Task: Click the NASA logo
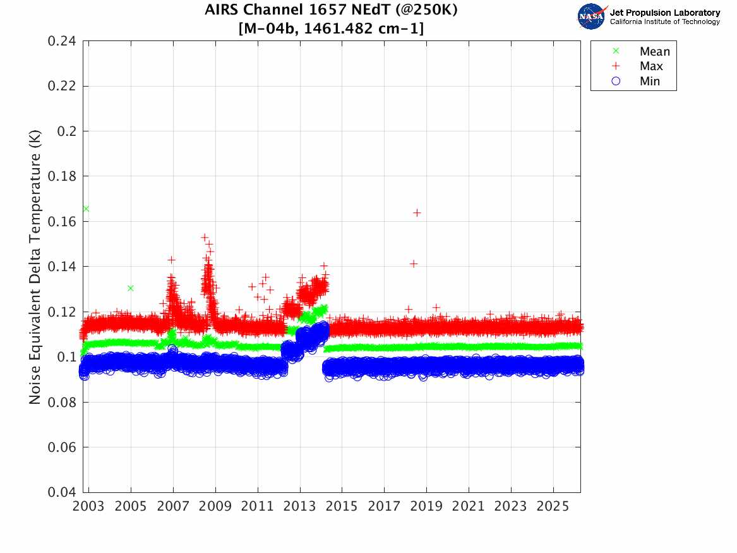point(592,16)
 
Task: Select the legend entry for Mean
point(654,51)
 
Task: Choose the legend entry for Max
point(650,66)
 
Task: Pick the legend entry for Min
point(650,81)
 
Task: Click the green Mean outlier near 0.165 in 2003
point(86,209)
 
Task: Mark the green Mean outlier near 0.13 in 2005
point(131,288)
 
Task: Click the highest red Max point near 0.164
point(417,212)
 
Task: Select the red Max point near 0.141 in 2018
point(414,264)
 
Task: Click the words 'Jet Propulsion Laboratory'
point(664,12)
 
